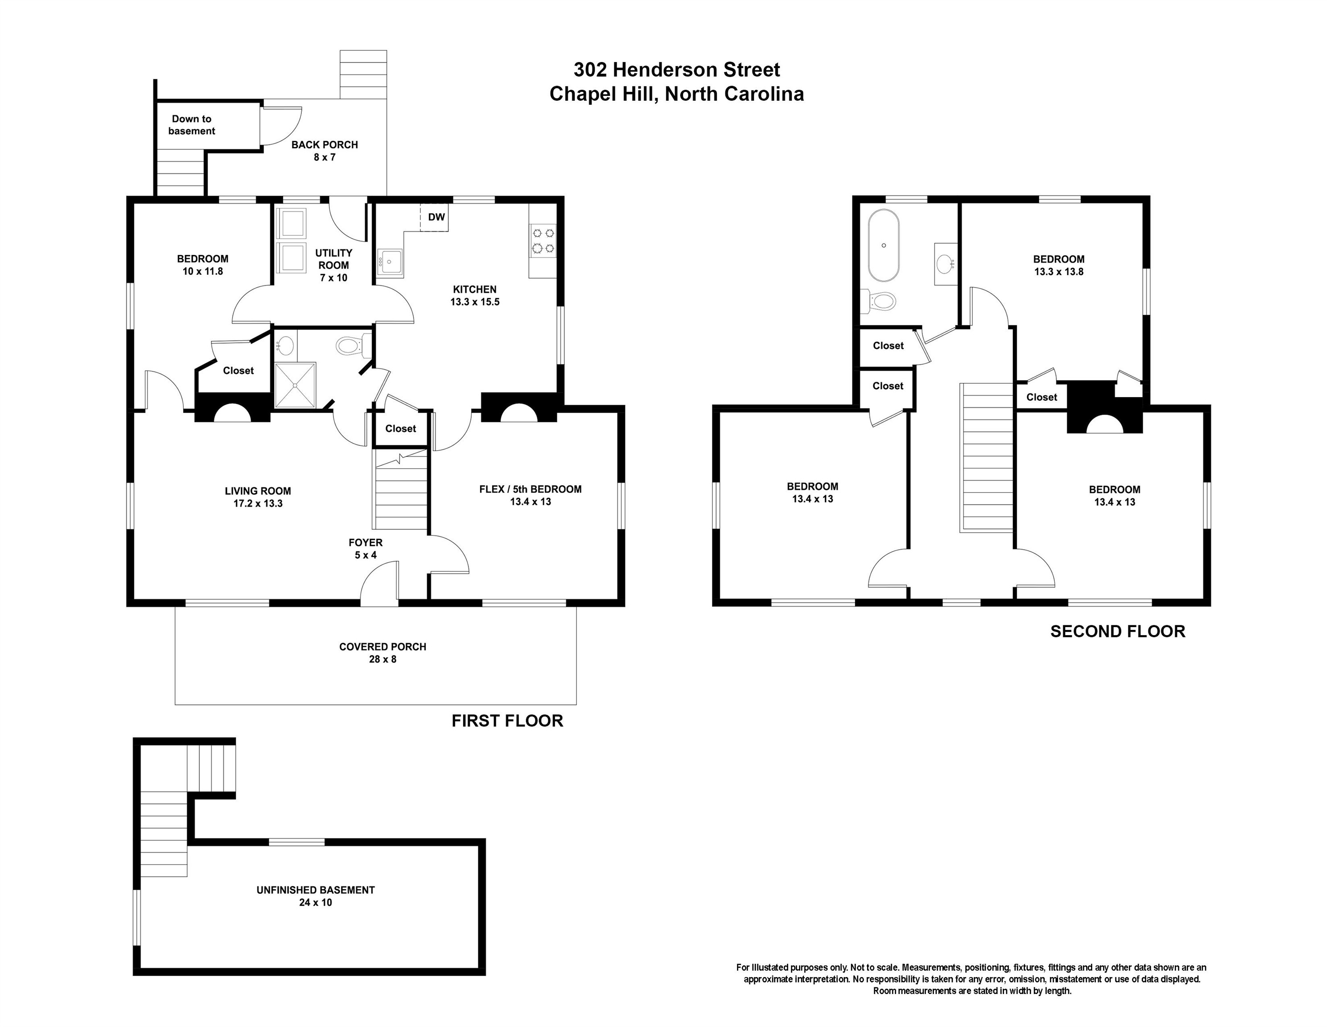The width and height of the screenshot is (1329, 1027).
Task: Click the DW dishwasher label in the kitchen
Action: pyautogui.click(x=436, y=217)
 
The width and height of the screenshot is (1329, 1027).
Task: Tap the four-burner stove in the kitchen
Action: pyautogui.click(x=543, y=240)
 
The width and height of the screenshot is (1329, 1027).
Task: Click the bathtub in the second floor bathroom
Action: pyautogui.click(x=883, y=245)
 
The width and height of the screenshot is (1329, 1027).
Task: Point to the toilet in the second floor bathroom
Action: pyautogui.click(x=879, y=300)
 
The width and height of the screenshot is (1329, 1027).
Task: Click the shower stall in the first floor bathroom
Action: pyautogui.click(x=295, y=385)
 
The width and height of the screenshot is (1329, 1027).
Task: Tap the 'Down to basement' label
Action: pyautogui.click(x=192, y=125)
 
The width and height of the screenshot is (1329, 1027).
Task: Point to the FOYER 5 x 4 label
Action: pyautogui.click(x=365, y=548)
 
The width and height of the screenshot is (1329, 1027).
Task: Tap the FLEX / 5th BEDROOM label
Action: pyautogui.click(x=530, y=495)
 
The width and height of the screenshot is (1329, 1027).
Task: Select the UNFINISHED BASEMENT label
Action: pyautogui.click(x=315, y=896)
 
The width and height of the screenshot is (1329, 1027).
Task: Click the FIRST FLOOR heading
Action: pyautogui.click(x=507, y=720)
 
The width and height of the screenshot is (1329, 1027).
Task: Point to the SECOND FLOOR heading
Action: pyautogui.click(x=1117, y=631)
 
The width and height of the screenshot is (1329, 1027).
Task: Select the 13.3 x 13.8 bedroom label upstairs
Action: pyautogui.click(x=1058, y=265)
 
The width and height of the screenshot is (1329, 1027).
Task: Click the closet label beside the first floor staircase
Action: pyautogui.click(x=400, y=428)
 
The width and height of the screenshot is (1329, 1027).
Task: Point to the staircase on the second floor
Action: pyautogui.click(x=986, y=456)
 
